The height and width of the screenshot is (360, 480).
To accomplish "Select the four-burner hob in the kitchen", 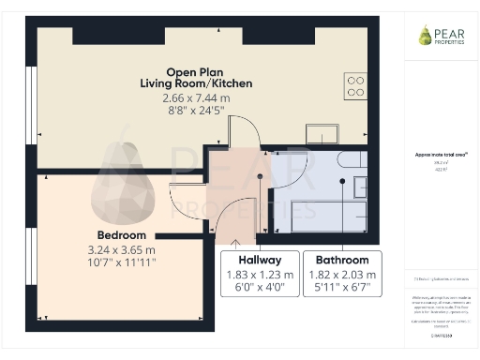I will click(x=355, y=85).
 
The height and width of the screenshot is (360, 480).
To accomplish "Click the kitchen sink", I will click(x=322, y=134).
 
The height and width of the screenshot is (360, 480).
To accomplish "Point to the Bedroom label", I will click(x=122, y=234).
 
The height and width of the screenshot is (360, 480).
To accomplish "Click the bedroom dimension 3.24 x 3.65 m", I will click(x=122, y=250).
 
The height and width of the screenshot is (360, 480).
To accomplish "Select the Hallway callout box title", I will click(x=260, y=260).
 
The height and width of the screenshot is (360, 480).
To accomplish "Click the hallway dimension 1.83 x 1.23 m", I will click(x=260, y=275).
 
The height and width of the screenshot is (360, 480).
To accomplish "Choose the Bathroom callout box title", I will click(x=341, y=260).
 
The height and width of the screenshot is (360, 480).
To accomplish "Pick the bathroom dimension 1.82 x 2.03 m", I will click(x=341, y=275).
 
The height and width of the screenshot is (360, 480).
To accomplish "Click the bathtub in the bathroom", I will click(x=328, y=215).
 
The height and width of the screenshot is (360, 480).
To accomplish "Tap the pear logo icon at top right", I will click(x=425, y=35).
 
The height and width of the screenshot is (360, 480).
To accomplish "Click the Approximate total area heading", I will click(x=442, y=154).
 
